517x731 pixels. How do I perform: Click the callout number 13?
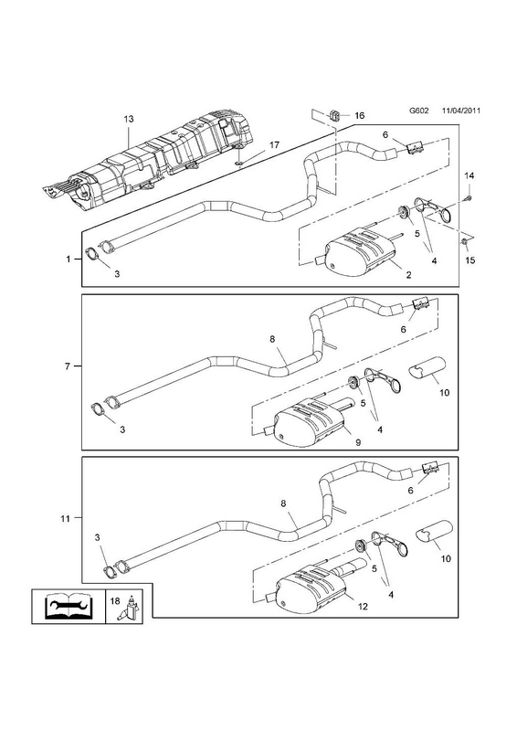click(x=129, y=120)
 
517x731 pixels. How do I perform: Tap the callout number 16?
click(x=359, y=115)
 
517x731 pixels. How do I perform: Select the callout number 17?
click(x=275, y=145)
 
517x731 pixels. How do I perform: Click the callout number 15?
click(x=470, y=260)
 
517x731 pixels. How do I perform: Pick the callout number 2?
click(x=408, y=275)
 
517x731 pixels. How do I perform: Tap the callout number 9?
click(x=358, y=443)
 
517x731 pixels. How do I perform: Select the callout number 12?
click(x=363, y=607)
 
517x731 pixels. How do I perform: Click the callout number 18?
click(x=115, y=601)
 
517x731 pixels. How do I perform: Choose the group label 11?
click(x=65, y=518)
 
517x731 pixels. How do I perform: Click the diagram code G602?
click(x=418, y=111)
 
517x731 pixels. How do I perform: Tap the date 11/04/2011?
click(x=461, y=111)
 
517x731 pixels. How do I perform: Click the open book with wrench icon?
click(x=69, y=606)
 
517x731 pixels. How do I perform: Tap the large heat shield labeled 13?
click(x=149, y=164)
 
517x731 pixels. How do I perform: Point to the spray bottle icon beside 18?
click(x=132, y=608)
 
